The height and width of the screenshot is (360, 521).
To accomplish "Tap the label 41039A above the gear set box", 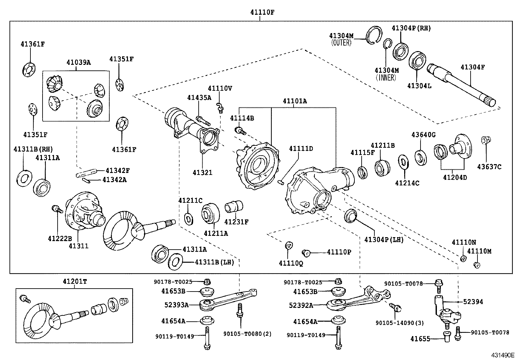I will (79, 62).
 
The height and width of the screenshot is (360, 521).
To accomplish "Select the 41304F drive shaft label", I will (473, 67).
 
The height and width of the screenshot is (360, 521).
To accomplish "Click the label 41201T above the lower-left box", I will (75, 281).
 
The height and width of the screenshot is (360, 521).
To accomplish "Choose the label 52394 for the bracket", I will (473, 301).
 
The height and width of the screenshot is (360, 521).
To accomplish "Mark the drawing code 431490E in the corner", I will (502, 355).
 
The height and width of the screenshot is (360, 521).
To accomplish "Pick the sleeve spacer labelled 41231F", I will (234, 206).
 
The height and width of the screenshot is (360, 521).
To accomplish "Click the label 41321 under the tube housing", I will (202, 172).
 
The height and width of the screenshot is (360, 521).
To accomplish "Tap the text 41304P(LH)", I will (384, 240).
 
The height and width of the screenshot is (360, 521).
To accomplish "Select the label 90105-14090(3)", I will (399, 323).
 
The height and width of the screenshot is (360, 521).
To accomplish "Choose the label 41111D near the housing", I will (301, 149).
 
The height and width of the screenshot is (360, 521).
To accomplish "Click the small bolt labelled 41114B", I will (240, 131).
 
